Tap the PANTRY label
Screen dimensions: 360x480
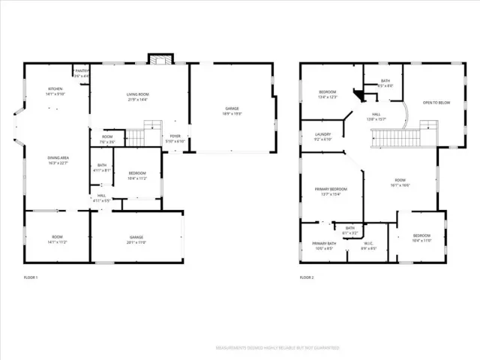tap(81, 73)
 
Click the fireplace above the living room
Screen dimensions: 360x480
tap(160, 59)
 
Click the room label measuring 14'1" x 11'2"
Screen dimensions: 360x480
tap(57, 240)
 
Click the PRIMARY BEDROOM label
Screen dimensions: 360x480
tap(331, 191)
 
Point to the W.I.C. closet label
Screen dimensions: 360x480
tap(368, 245)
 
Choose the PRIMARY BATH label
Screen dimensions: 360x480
tap(325, 245)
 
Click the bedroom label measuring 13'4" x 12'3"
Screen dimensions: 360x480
tap(328, 94)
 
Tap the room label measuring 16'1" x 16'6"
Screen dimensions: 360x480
tap(400, 182)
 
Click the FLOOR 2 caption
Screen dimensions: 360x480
tap(307, 277)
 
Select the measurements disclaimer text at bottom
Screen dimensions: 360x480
tap(277, 348)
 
